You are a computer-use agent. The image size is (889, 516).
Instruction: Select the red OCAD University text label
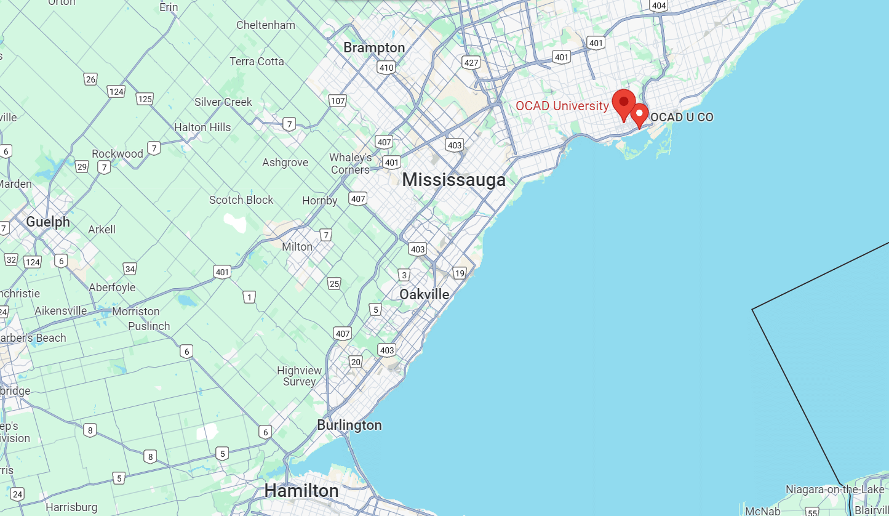[x=562, y=106]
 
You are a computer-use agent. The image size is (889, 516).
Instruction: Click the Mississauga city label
[x=453, y=180]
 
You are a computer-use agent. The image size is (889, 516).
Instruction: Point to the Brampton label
[x=374, y=47]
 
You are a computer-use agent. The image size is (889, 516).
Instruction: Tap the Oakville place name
[x=424, y=294]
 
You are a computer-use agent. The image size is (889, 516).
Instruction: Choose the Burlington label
[x=349, y=425]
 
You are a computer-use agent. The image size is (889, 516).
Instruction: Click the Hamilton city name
[x=301, y=491]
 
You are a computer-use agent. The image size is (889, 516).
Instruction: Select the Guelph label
[x=47, y=222]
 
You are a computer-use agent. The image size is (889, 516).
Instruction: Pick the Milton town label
[x=297, y=246]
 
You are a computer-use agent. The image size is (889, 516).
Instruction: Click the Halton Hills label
[x=202, y=127]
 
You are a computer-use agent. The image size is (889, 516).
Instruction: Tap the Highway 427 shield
[x=471, y=63]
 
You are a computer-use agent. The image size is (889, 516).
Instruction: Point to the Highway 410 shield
[x=386, y=68]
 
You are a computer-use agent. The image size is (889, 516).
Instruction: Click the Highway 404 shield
[x=659, y=6]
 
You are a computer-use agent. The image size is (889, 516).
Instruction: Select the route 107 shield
[x=338, y=100]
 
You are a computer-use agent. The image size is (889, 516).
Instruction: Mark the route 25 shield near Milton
[x=334, y=283]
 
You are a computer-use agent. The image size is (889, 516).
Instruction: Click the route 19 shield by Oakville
[x=459, y=273]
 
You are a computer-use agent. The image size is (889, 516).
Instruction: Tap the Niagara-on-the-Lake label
[x=835, y=490]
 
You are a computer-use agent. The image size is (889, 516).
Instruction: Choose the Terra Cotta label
[x=257, y=62]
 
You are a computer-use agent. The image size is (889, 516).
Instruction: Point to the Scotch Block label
[x=241, y=200]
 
